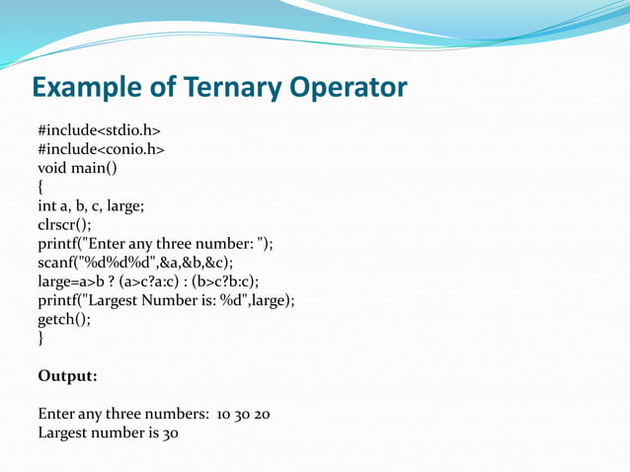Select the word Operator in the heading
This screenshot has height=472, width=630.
coord(348,88)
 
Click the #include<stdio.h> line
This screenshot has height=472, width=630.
coord(99,130)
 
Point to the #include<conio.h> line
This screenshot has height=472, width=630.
coord(101,149)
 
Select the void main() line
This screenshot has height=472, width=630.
coord(77,168)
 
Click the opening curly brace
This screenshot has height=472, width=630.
coord(40,187)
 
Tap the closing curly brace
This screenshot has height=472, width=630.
coord(40,339)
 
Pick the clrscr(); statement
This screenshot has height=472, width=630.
coord(64,225)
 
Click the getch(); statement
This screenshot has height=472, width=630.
coord(64,320)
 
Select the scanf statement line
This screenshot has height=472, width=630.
coord(135,263)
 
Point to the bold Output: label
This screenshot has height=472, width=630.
coord(67,376)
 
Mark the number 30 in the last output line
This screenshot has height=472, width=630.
coord(169,433)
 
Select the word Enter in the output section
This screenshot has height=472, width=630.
coord(58,414)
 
